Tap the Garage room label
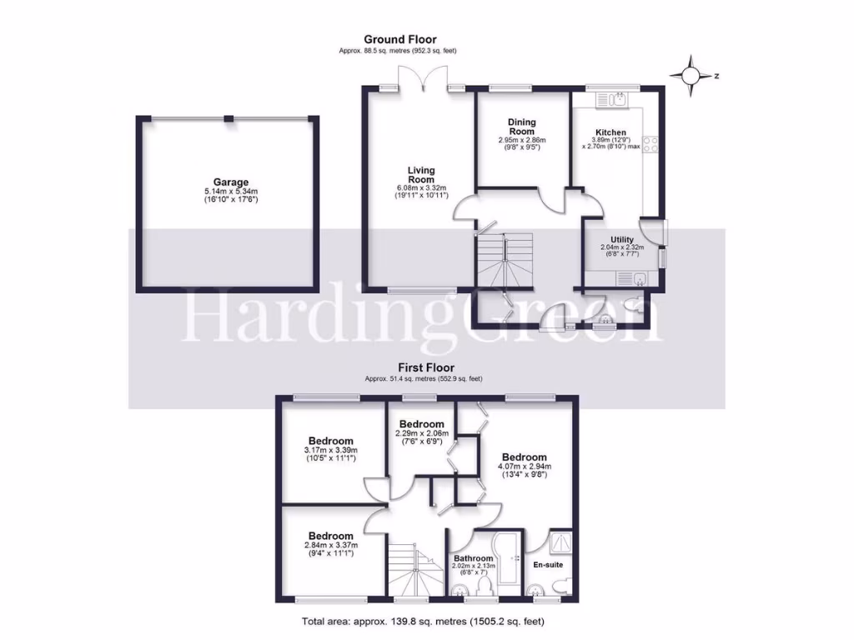pyautogui.click(x=230, y=182)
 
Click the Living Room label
pyautogui.click(x=421, y=175)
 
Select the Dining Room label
pyautogui.click(x=521, y=127)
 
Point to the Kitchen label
pyautogui.click(x=610, y=132)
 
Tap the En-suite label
pyautogui.click(x=549, y=565)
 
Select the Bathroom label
pyautogui.click(x=473, y=559)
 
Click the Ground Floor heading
pyautogui.click(x=399, y=39)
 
